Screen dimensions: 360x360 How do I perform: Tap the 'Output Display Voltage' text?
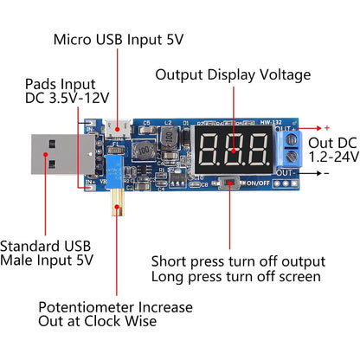[232, 74]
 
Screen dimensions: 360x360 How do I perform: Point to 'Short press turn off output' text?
[238, 261]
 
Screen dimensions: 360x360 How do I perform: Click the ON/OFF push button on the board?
[229, 183]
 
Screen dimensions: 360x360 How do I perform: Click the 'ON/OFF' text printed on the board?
[258, 183]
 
